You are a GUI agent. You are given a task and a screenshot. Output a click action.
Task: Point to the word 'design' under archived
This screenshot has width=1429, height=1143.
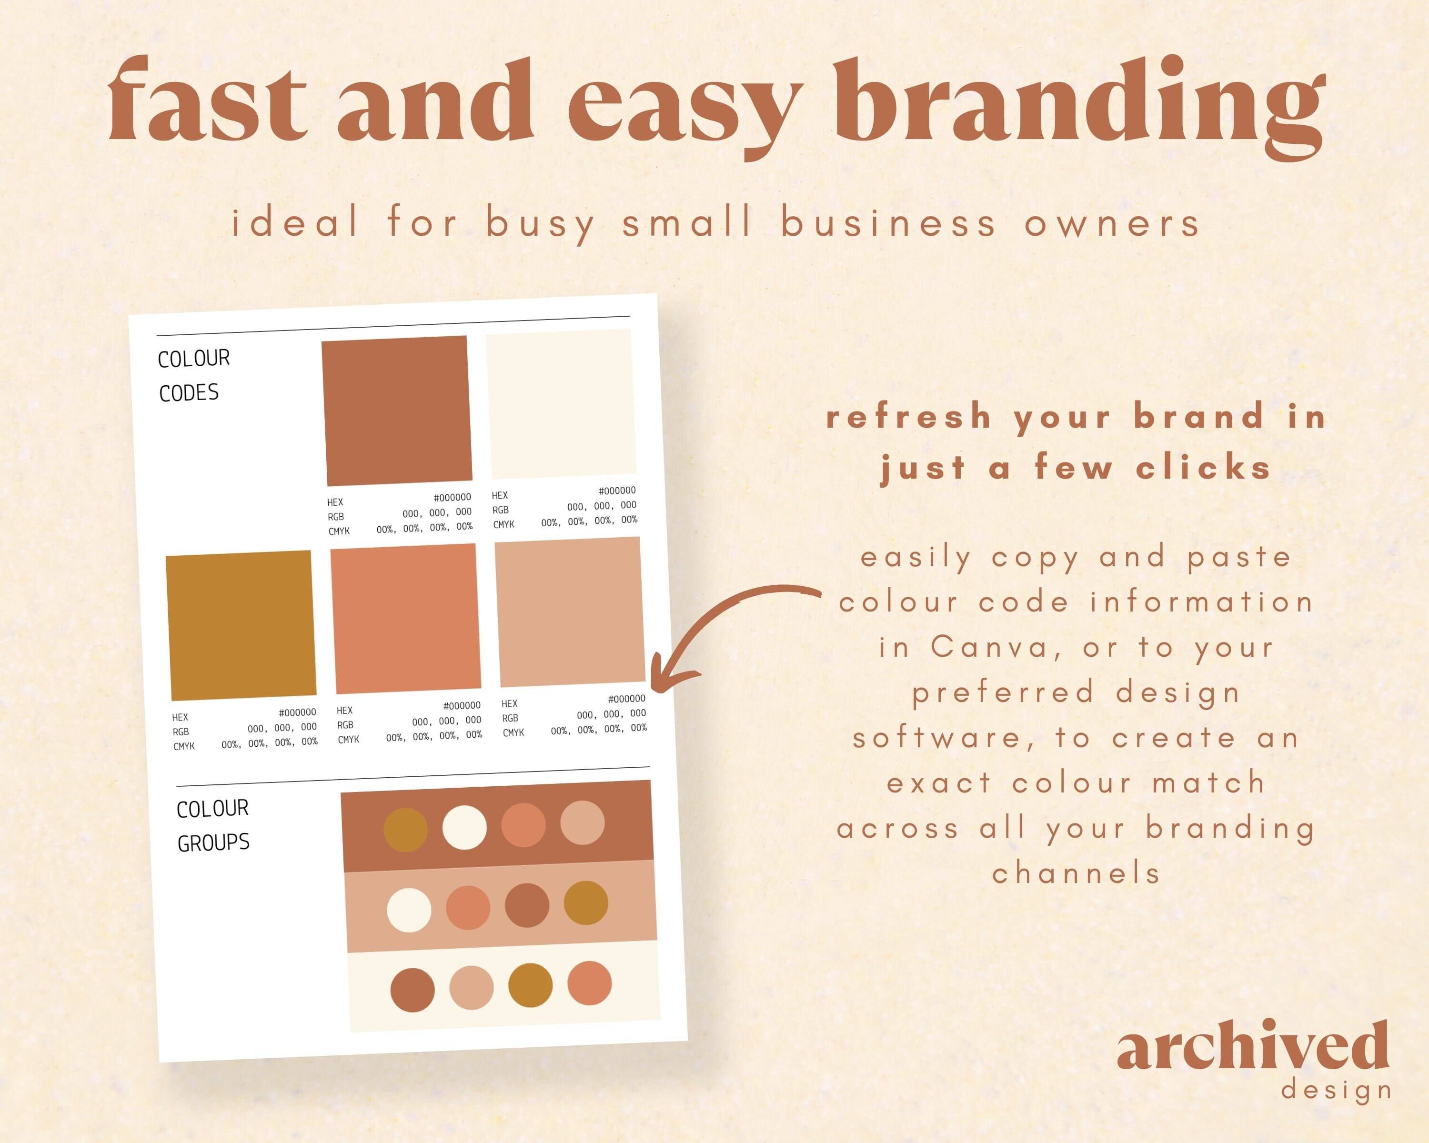pyautogui.click(x=1336, y=1090)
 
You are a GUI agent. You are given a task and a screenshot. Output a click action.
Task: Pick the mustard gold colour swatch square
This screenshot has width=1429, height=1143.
pyautogui.click(x=241, y=625)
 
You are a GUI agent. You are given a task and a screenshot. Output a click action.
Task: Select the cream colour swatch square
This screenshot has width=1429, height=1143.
pyautogui.click(x=561, y=403)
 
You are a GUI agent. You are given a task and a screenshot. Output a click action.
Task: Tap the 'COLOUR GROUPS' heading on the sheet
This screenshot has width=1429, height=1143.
pyautogui.click(x=213, y=826)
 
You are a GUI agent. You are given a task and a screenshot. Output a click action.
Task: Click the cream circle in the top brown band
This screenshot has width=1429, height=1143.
pyautogui.click(x=464, y=827)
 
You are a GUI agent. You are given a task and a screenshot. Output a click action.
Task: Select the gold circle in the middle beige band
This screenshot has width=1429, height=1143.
pyautogui.click(x=585, y=902)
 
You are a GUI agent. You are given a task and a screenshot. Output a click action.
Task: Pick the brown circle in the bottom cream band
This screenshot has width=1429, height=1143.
pyautogui.click(x=412, y=990)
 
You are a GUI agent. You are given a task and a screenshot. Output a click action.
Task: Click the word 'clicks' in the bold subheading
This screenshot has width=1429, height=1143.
pyautogui.click(x=1203, y=468)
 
